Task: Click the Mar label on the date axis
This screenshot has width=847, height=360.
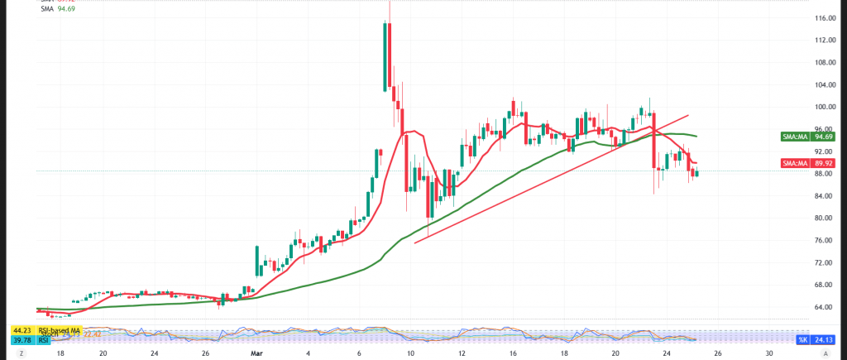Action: (x=256, y=353)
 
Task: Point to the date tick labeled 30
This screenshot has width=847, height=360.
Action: (x=769, y=353)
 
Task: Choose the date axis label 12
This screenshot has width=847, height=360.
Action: (x=462, y=353)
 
